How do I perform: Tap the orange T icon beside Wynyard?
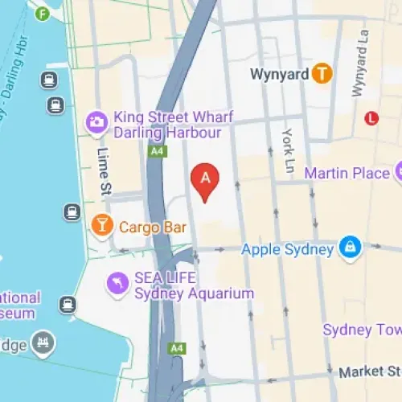click(x=322, y=74)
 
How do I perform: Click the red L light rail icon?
click(x=371, y=118)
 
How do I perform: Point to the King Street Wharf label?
click(x=173, y=117)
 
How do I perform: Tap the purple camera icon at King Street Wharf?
click(x=96, y=122)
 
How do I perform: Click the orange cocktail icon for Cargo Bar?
click(x=101, y=227)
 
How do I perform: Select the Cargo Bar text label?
click(x=153, y=228)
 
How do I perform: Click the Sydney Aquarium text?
click(x=194, y=293)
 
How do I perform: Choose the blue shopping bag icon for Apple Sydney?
click(x=350, y=248)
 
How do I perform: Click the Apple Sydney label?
click(x=287, y=249)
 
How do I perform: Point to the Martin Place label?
click(x=347, y=172)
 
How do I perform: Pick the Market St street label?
click(x=370, y=372)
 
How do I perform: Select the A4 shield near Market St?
click(x=177, y=349)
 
